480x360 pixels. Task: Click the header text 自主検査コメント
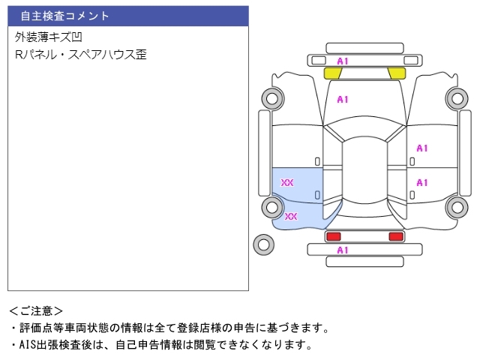[64, 16]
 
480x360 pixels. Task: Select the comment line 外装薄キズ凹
[47, 37]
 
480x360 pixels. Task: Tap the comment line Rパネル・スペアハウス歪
[81, 55]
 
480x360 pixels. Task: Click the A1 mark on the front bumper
[343, 61]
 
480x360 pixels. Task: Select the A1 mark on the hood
[343, 99]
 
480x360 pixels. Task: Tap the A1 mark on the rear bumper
[343, 250]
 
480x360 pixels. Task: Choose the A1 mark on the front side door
[422, 148]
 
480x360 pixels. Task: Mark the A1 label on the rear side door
[422, 182]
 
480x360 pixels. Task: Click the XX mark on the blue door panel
[287, 182]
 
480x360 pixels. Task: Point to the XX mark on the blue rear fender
[291, 217]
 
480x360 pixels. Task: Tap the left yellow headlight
[332, 73]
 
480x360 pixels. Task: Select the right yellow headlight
[397, 73]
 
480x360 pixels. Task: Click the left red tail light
[333, 236]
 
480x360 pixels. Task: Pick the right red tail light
[395, 236]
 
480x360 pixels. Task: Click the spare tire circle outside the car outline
[263, 243]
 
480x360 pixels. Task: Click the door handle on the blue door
[317, 195]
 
